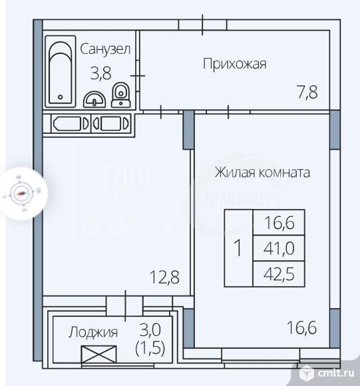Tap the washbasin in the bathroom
click(x=96, y=98)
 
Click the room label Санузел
click(x=105, y=49)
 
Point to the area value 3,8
click(x=100, y=73)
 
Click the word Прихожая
click(x=234, y=64)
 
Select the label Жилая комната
click(x=262, y=172)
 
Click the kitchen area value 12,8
click(x=166, y=276)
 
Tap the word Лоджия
click(x=94, y=332)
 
